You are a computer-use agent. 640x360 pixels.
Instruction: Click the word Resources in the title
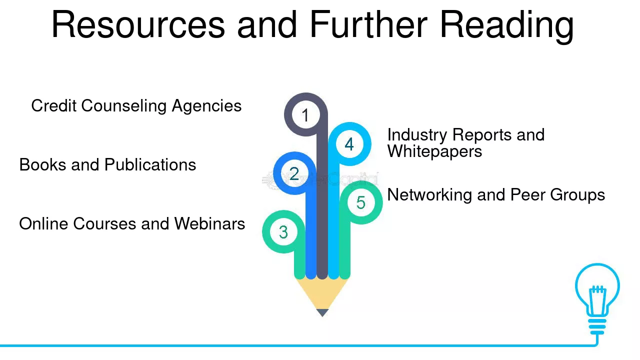[138, 24]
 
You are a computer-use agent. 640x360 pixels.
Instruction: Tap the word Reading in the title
[507, 26]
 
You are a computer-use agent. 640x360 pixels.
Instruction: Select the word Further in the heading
[368, 24]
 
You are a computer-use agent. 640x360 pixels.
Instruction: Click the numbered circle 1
[305, 114]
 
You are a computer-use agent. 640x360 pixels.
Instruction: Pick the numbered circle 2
[294, 173]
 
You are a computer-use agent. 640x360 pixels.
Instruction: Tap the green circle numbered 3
[283, 231]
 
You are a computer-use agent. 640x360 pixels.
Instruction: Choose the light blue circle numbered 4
[349, 144]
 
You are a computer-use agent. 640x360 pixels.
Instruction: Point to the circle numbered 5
[361, 202]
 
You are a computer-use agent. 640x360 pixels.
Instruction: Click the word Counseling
[124, 106]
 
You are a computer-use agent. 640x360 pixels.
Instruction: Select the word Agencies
[206, 106]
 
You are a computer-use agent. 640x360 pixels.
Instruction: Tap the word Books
[43, 165]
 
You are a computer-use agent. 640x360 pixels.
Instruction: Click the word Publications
[150, 165]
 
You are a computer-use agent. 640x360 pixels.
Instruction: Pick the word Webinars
[209, 223]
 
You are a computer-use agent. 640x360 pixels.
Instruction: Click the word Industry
[417, 135]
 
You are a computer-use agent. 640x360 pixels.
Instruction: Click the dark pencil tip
[322, 312]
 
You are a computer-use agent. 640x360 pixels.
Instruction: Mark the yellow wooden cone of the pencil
[322, 293]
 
